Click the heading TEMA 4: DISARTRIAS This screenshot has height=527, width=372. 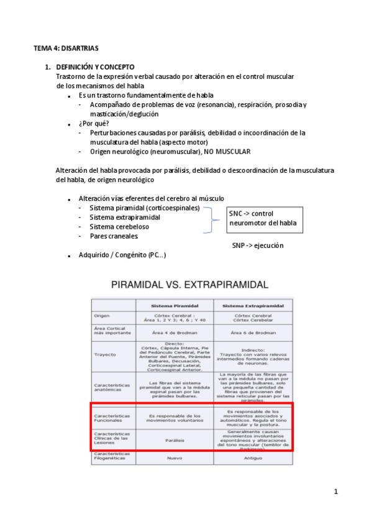point(66,48)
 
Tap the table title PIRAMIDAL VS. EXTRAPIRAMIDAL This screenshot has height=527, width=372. point(189,285)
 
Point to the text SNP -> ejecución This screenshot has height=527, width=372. point(258,245)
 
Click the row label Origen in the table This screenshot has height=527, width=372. point(102,316)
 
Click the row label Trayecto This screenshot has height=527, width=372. point(106,355)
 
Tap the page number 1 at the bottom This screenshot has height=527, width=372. point(335,492)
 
